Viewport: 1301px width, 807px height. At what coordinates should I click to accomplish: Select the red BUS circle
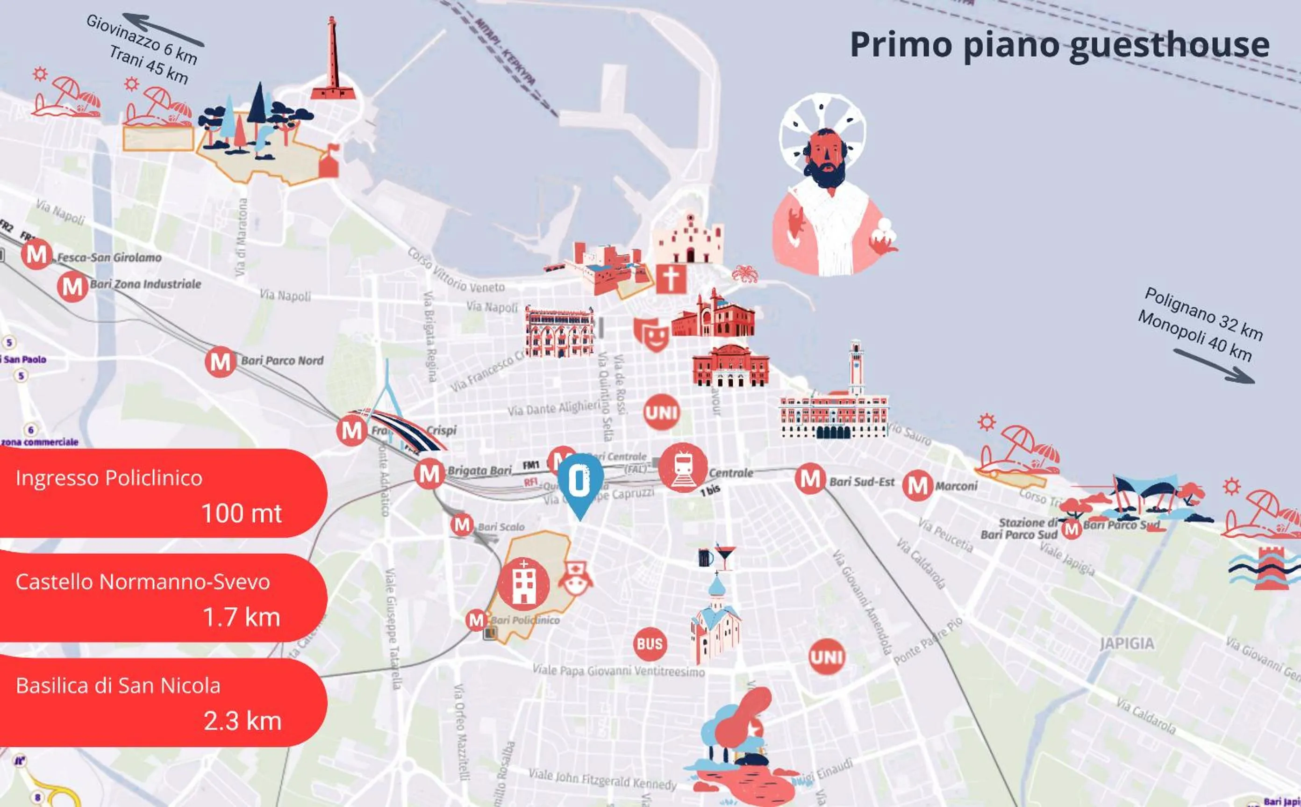(x=650, y=644)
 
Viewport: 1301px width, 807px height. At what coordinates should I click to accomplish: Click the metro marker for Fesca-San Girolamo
(x=36, y=255)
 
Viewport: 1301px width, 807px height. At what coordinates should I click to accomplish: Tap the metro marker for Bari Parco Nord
(x=220, y=362)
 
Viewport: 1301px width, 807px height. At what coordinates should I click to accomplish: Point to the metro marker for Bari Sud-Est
(x=810, y=479)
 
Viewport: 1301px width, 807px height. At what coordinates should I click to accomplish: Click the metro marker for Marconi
(x=917, y=485)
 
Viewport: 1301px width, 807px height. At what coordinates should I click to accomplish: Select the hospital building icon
(x=523, y=584)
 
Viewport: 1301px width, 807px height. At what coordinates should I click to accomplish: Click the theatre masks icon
(x=652, y=333)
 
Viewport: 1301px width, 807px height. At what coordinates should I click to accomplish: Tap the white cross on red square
(x=671, y=278)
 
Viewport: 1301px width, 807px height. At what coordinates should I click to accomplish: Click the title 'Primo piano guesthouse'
(x=1059, y=44)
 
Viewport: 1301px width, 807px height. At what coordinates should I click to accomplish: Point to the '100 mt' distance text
(x=241, y=513)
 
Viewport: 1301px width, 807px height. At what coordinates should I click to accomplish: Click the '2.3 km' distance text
(x=242, y=721)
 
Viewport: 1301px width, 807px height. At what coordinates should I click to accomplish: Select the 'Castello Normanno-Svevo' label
(x=143, y=582)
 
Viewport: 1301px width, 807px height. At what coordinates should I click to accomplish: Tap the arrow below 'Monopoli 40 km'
(x=1214, y=366)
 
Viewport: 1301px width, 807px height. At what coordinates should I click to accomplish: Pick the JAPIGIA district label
(x=1127, y=644)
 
